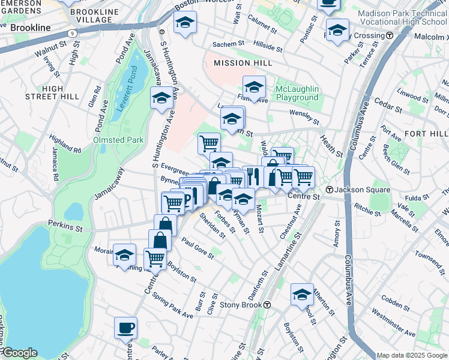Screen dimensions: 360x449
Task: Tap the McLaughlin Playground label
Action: pos(297,94)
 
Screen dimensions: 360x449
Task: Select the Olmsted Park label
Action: pos(118,140)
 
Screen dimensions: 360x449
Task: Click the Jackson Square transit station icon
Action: pos(330,190)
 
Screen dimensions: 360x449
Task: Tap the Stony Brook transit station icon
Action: pos(267,305)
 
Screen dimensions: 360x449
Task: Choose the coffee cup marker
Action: pos(126,328)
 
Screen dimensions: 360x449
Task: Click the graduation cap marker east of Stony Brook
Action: pos(302,295)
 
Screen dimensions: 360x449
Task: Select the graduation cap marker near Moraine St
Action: pos(124,255)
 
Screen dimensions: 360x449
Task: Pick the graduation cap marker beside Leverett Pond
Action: pos(161,98)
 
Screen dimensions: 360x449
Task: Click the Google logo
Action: pos(19,353)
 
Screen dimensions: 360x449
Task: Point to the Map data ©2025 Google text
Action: pos(412,355)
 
